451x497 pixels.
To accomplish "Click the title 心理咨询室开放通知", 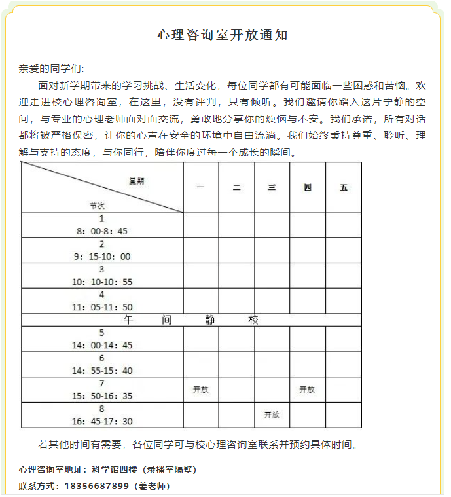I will (223, 35).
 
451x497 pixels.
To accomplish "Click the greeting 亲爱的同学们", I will (51, 69).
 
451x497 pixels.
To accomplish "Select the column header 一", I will (200, 187).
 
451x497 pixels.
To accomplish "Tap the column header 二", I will (236, 187).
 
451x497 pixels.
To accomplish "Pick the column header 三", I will (272, 187).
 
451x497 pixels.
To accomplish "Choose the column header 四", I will (308, 187).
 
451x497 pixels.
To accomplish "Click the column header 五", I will (344, 187).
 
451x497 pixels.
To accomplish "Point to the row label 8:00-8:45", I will (102, 231).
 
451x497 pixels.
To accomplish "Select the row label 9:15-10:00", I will (103, 257).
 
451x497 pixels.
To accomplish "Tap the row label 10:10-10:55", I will (103, 282).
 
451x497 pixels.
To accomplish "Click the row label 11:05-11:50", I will (103, 307).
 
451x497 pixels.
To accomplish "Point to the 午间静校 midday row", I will (191, 320).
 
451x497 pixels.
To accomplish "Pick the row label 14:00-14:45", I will (103, 345).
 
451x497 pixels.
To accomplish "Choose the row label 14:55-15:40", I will (103, 370).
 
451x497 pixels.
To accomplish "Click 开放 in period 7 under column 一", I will (200, 390).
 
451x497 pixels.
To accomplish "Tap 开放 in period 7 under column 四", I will (307, 390).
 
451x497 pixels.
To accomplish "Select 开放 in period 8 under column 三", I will (272, 414).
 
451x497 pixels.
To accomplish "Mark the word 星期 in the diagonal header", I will (136, 181).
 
